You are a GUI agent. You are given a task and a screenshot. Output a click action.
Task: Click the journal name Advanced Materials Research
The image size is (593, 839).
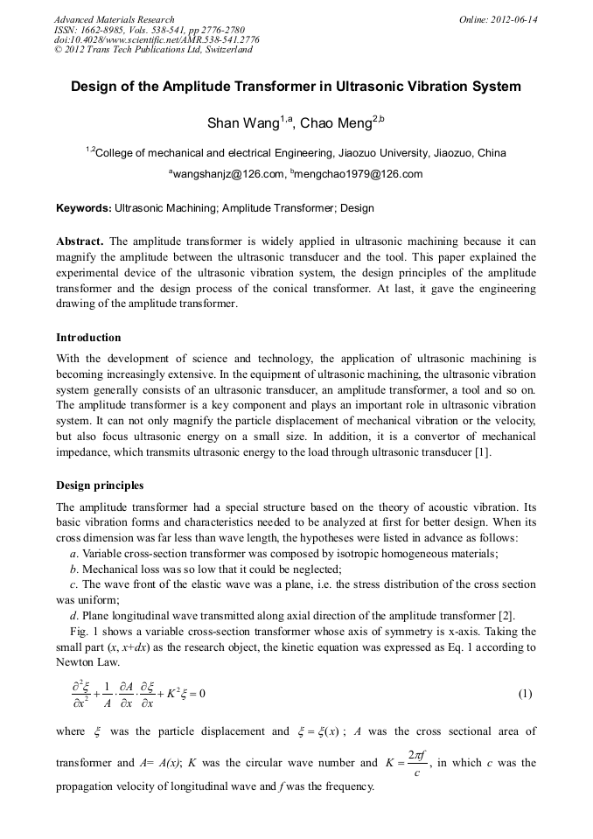point(114,19)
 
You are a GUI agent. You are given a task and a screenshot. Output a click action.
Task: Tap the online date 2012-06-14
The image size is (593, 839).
point(513,19)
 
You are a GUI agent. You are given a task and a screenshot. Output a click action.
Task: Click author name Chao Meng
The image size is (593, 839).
point(337,123)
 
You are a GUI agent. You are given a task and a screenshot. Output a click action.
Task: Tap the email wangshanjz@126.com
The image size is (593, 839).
point(228,174)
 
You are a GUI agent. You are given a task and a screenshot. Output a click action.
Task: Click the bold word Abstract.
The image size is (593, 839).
point(80,241)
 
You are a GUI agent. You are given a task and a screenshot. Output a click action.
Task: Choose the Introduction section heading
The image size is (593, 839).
point(88,338)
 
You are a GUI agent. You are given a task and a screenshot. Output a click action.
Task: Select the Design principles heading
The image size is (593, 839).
point(100,486)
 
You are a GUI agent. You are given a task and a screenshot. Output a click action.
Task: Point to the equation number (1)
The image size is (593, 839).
point(525,695)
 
